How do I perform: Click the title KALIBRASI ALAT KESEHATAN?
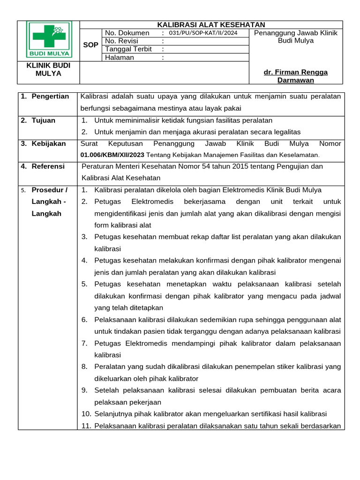point(211,25)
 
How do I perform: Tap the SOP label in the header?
point(90,45)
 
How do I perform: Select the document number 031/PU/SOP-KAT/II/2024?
point(202,33)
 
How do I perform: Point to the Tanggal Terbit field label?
point(128,49)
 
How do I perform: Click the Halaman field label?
point(120,58)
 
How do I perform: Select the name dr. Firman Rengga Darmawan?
point(295,76)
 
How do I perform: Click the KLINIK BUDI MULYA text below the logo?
point(48,69)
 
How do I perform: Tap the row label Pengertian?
point(50,97)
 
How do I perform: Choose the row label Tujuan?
point(43,120)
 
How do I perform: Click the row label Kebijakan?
point(49,144)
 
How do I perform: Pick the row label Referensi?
point(48,166)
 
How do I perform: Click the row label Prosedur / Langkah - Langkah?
point(49,202)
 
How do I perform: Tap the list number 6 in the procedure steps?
point(84,320)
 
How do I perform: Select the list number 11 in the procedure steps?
point(86,426)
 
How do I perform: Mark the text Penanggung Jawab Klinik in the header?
point(295,33)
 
